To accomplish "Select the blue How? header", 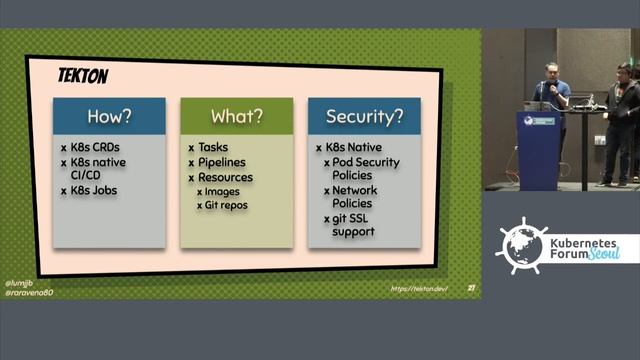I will coord(109,116).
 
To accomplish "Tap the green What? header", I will coord(236,116).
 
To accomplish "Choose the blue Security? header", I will coord(365,116).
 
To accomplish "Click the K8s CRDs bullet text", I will coord(103,147).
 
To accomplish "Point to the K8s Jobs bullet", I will coord(101,190).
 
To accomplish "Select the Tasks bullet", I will coord(213,147).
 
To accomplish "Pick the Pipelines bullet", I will coord(221,162).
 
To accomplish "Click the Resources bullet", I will coord(224,177).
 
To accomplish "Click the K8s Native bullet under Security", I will coord(355,147).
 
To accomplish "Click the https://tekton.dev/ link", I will coord(419,289).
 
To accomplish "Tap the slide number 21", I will coord(471,289).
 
